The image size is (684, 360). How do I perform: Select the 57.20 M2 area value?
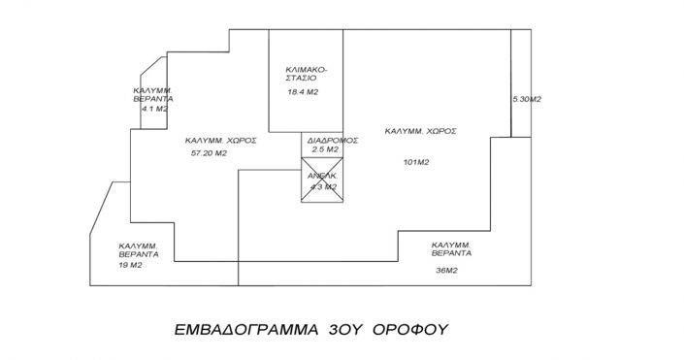209,153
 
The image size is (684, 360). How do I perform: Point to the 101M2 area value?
415,162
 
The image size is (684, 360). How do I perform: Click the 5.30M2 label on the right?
526,99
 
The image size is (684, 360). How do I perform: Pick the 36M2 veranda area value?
447,270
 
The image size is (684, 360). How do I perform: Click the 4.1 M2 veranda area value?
153,110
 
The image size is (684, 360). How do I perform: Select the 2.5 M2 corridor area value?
324,150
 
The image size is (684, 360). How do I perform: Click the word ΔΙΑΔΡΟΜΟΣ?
333,140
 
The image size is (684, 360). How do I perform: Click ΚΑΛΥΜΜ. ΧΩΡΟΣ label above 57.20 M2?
220,140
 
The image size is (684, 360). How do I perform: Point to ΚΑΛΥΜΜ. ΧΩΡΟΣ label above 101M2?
420,130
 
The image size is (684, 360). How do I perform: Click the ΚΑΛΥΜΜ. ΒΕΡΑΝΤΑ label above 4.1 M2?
153,94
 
